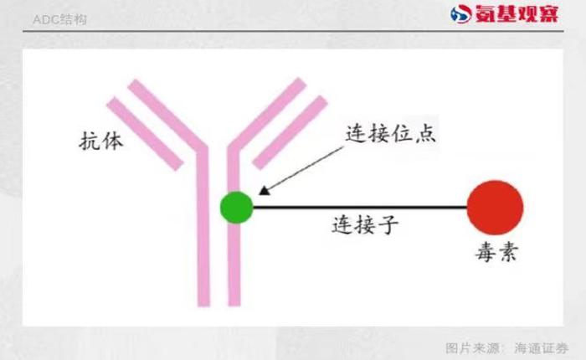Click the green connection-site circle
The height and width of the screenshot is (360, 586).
[237, 207]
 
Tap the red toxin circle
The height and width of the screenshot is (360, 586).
[496, 208]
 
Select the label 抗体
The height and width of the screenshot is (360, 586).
[101, 141]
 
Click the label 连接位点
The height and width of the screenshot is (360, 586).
[390, 133]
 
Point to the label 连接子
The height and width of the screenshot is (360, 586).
[365, 224]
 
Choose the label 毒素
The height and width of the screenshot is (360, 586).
[496, 252]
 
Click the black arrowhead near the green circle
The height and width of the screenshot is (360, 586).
[265, 191]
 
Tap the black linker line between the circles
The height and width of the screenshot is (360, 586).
[360, 207]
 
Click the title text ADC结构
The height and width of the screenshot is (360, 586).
[59, 19]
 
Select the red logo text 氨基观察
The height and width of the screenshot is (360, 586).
[517, 14]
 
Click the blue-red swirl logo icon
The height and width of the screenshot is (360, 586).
[461, 14]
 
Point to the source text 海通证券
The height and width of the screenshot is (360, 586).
[541, 348]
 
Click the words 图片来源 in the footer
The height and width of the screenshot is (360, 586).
[472, 348]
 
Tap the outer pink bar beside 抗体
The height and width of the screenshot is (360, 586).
[145, 133]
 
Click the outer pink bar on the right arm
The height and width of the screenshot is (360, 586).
[290, 132]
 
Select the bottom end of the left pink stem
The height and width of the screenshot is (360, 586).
[203, 306]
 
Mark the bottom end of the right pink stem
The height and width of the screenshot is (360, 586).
[234, 306]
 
